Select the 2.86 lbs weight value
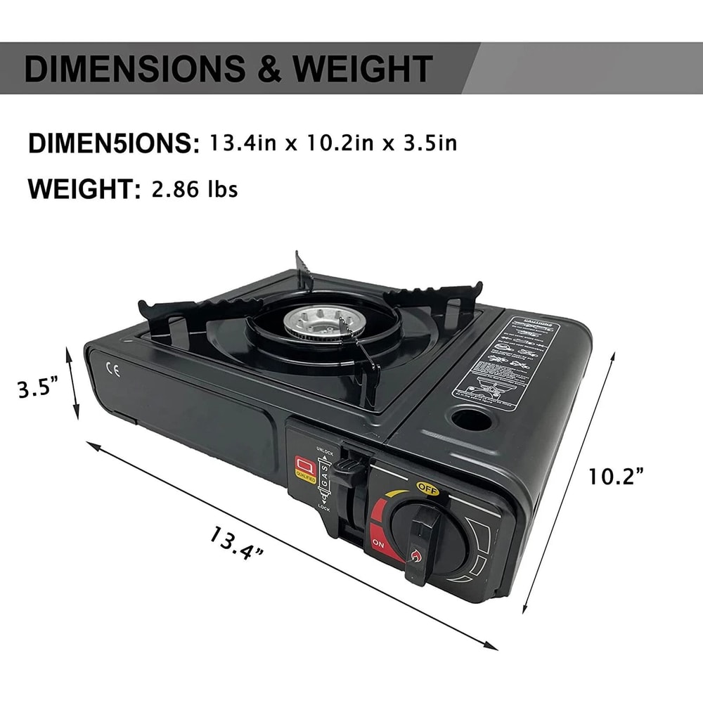click(x=195, y=189)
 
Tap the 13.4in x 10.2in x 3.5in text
click(x=333, y=143)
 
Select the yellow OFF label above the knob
click(x=427, y=486)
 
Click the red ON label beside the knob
click(x=378, y=543)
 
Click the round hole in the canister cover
click(x=471, y=421)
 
